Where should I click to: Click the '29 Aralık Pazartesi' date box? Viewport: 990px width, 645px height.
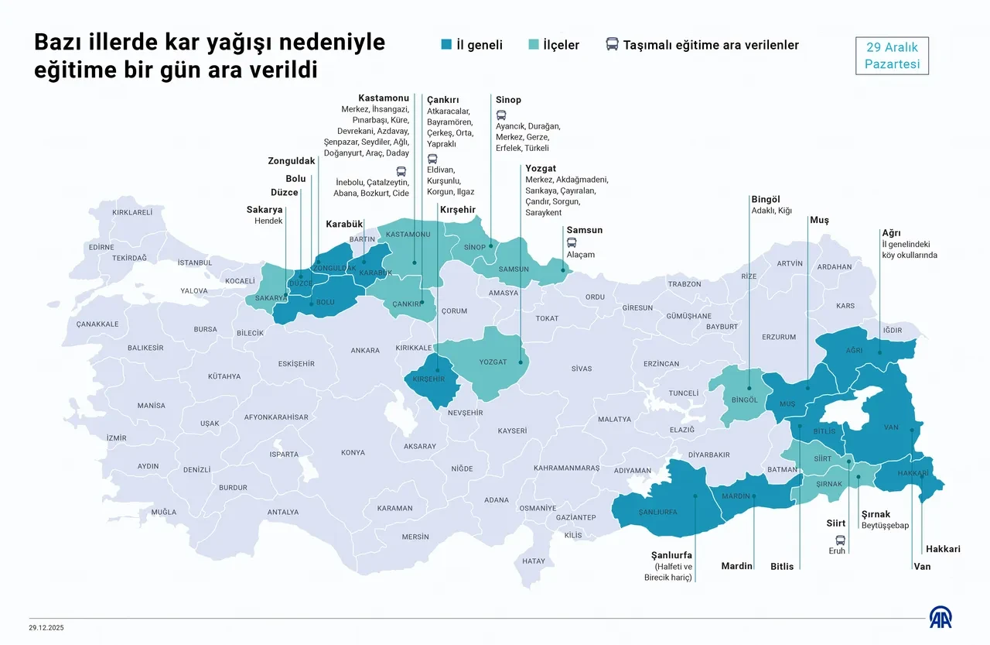tap(892, 56)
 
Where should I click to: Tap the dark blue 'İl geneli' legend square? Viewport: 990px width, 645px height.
tap(446, 45)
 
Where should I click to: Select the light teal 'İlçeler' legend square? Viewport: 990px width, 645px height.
tap(534, 45)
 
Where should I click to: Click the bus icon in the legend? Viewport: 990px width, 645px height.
tap(612, 45)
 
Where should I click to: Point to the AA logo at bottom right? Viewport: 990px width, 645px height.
tap(940, 618)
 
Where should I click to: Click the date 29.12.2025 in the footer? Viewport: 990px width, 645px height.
tap(46, 627)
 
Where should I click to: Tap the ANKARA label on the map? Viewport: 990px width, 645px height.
tap(365, 351)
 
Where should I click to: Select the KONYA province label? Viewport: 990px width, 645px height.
tap(353, 453)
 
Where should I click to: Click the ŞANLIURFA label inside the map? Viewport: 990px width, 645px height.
tap(657, 513)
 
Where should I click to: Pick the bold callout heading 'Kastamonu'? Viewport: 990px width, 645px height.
tap(384, 98)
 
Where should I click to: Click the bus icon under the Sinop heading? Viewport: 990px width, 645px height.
tap(501, 114)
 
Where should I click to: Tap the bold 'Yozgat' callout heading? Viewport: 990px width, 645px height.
tap(541, 168)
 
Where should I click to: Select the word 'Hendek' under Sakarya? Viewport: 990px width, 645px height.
tap(268, 221)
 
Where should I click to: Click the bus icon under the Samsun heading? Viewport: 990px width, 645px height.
tap(572, 242)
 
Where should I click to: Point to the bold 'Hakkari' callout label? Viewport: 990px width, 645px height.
tap(943, 549)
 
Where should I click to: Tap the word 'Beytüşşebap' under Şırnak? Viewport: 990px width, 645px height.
tap(885, 526)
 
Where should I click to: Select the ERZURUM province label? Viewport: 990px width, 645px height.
tap(779, 338)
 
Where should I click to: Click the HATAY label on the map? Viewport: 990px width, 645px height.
tap(534, 561)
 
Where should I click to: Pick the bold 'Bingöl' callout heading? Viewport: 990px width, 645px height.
tap(766, 199)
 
